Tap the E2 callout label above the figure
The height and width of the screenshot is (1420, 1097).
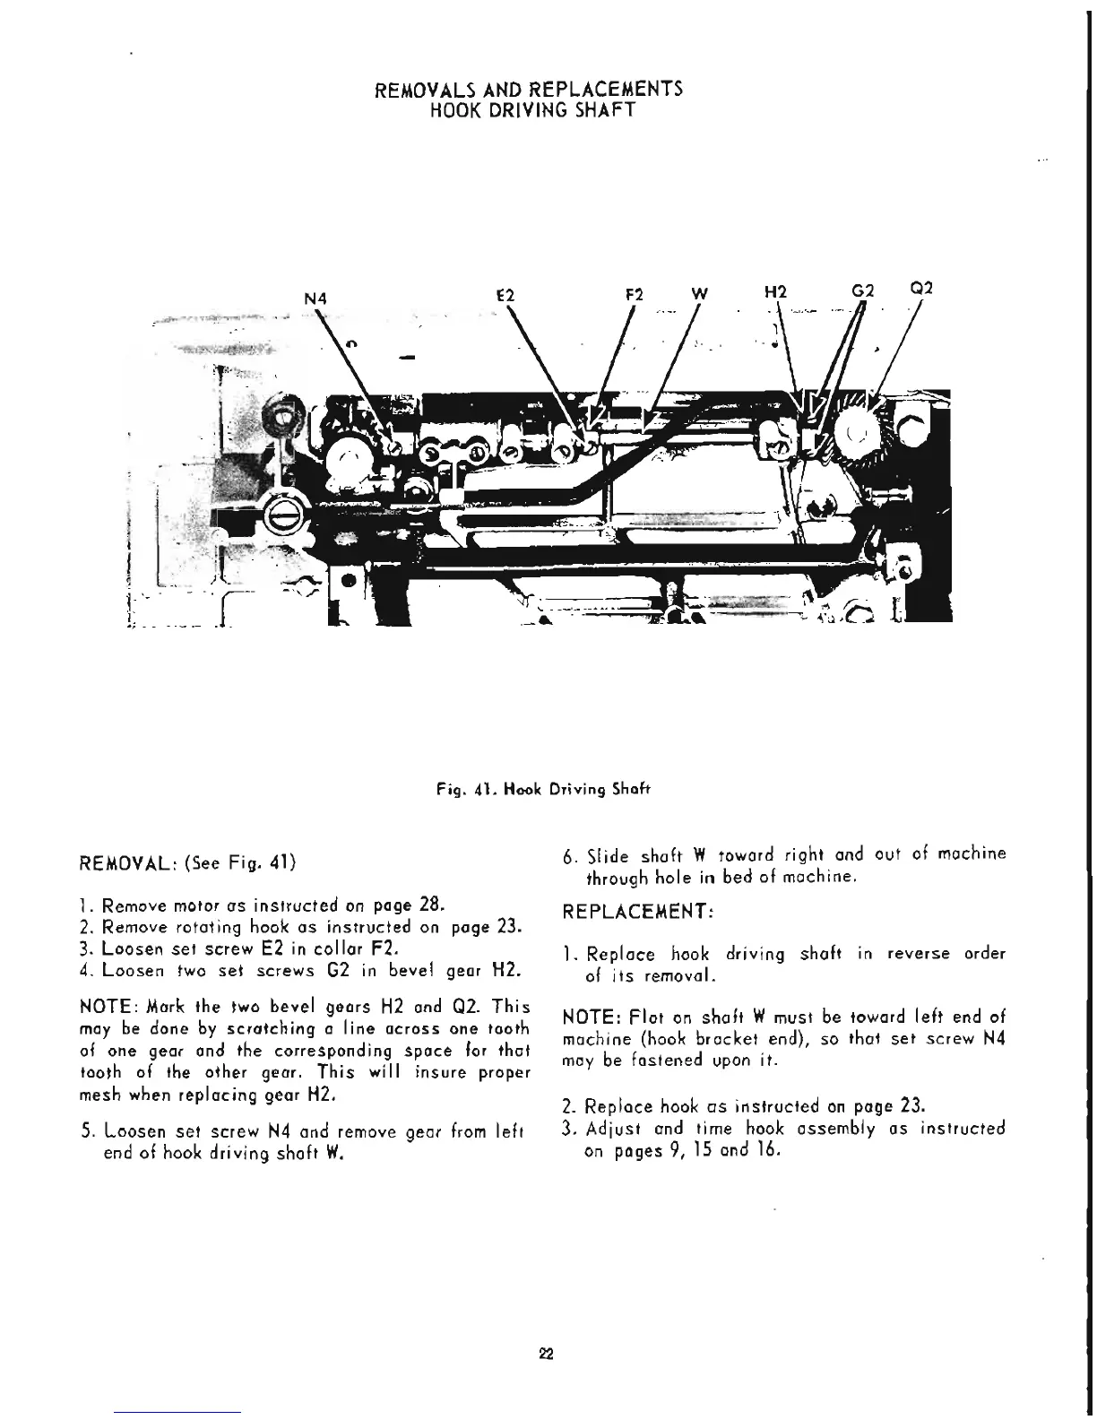[504, 293]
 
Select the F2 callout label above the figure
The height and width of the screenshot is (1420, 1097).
[633, 293]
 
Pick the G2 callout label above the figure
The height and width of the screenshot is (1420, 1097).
[861, 291]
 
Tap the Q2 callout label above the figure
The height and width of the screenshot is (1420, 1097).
[921, 289]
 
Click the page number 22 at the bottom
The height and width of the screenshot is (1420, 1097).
[548, 1354]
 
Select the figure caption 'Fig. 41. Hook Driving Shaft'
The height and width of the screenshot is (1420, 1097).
[541, 790]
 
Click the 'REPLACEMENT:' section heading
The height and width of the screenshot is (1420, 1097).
[636, 913]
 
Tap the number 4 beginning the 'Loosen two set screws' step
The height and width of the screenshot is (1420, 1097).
[84, 971]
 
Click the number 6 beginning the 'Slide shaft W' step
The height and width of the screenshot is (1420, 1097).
[567, 856]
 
